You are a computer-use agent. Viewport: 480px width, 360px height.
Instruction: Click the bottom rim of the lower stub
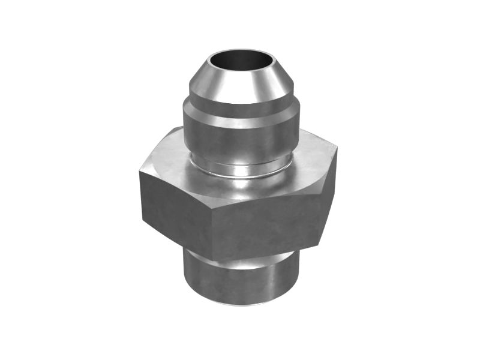click(240, 303)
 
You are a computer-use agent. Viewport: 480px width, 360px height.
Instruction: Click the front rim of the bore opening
click(240, 71)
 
